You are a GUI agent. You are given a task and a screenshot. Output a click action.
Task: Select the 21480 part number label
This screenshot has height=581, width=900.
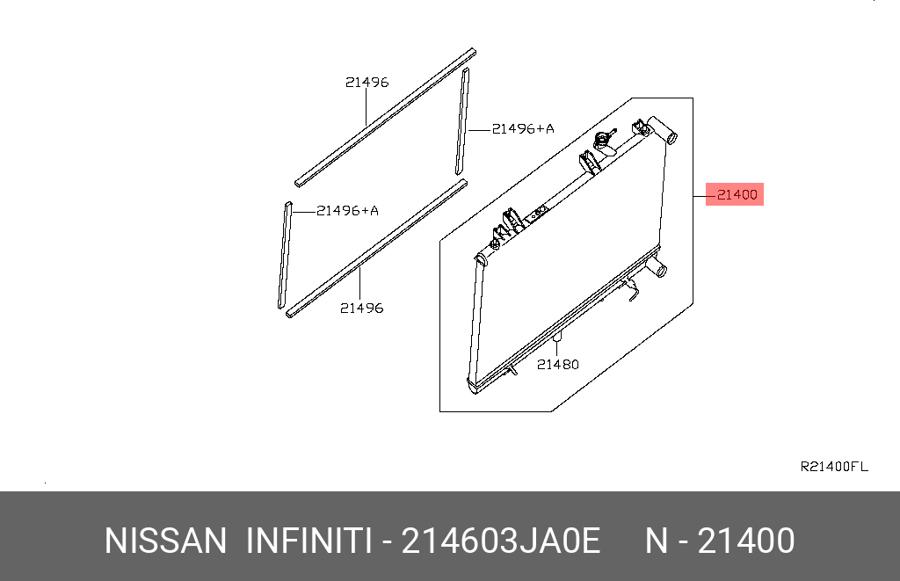558,364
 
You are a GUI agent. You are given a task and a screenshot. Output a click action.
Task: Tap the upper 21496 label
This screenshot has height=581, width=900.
367,83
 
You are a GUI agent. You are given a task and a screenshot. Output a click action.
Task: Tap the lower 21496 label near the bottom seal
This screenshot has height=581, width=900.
361,309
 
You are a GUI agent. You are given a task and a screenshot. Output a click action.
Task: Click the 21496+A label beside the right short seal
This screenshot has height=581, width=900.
523,128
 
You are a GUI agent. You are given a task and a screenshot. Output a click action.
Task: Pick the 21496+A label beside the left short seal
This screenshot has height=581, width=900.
347,210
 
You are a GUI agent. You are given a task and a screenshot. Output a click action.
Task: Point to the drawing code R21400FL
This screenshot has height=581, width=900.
833,467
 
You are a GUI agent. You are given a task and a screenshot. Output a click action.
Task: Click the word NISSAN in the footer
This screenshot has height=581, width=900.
165,541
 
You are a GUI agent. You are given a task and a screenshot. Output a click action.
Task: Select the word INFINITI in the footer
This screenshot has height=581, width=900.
308,541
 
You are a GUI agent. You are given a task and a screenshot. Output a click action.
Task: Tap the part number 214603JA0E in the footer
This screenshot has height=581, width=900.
501,541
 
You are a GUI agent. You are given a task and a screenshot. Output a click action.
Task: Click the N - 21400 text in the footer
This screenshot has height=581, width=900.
721,541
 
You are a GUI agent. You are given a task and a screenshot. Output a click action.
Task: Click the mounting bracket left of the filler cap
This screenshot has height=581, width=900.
585,163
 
